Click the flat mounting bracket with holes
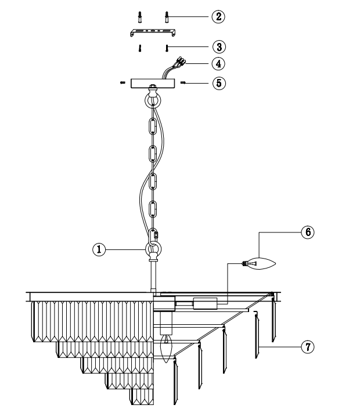pos(153,33)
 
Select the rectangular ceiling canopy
pos(153,83)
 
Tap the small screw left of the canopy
pos(123,83)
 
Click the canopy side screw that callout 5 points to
pos(183,83)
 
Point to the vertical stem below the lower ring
pos(153,276)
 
